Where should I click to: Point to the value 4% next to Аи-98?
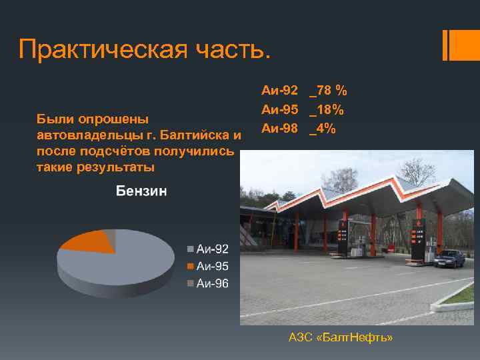(323, 129)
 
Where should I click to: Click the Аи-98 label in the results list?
(279, 129)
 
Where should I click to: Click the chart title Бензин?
(141, 191)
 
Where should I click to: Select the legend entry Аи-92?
(212, 249)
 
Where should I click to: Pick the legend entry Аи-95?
(212, 266)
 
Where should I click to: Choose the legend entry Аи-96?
(212, 283)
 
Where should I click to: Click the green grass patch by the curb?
(460, 293)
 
